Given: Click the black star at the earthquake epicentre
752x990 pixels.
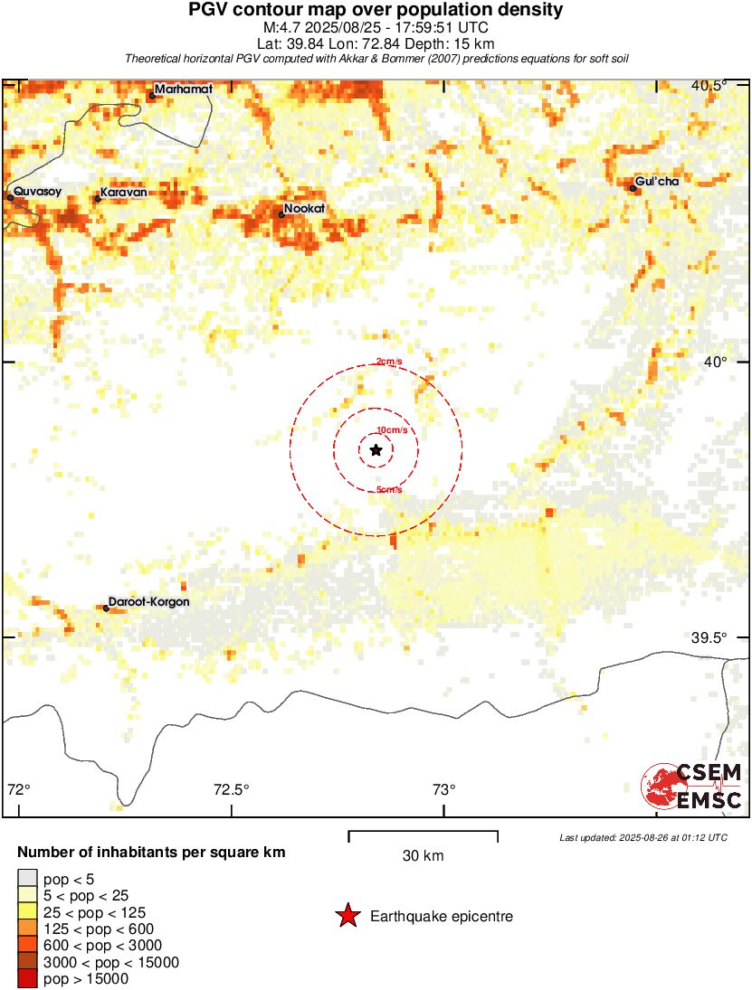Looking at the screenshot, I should (x=376, y=450).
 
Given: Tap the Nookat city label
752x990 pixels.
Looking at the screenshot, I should (x=304, y=209).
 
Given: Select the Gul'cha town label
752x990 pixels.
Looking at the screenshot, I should (x=657, y=182).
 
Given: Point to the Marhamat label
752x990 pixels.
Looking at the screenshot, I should (x=184, y=90).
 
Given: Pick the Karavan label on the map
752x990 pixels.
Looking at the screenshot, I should (x=123, y=193).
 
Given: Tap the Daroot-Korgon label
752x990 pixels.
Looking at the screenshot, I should (x=149, y=602).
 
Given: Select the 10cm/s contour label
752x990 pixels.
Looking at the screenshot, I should (x=391, y=429).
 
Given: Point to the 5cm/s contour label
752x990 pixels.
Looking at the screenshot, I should (x=389, y=490).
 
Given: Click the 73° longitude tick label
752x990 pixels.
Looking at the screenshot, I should (x=443, y=788).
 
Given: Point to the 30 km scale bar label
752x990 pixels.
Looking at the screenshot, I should (x=423, y=855).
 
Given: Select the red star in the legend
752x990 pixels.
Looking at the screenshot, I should (x=347, y=917).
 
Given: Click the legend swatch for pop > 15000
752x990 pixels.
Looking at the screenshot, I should (x=27, y=978).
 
